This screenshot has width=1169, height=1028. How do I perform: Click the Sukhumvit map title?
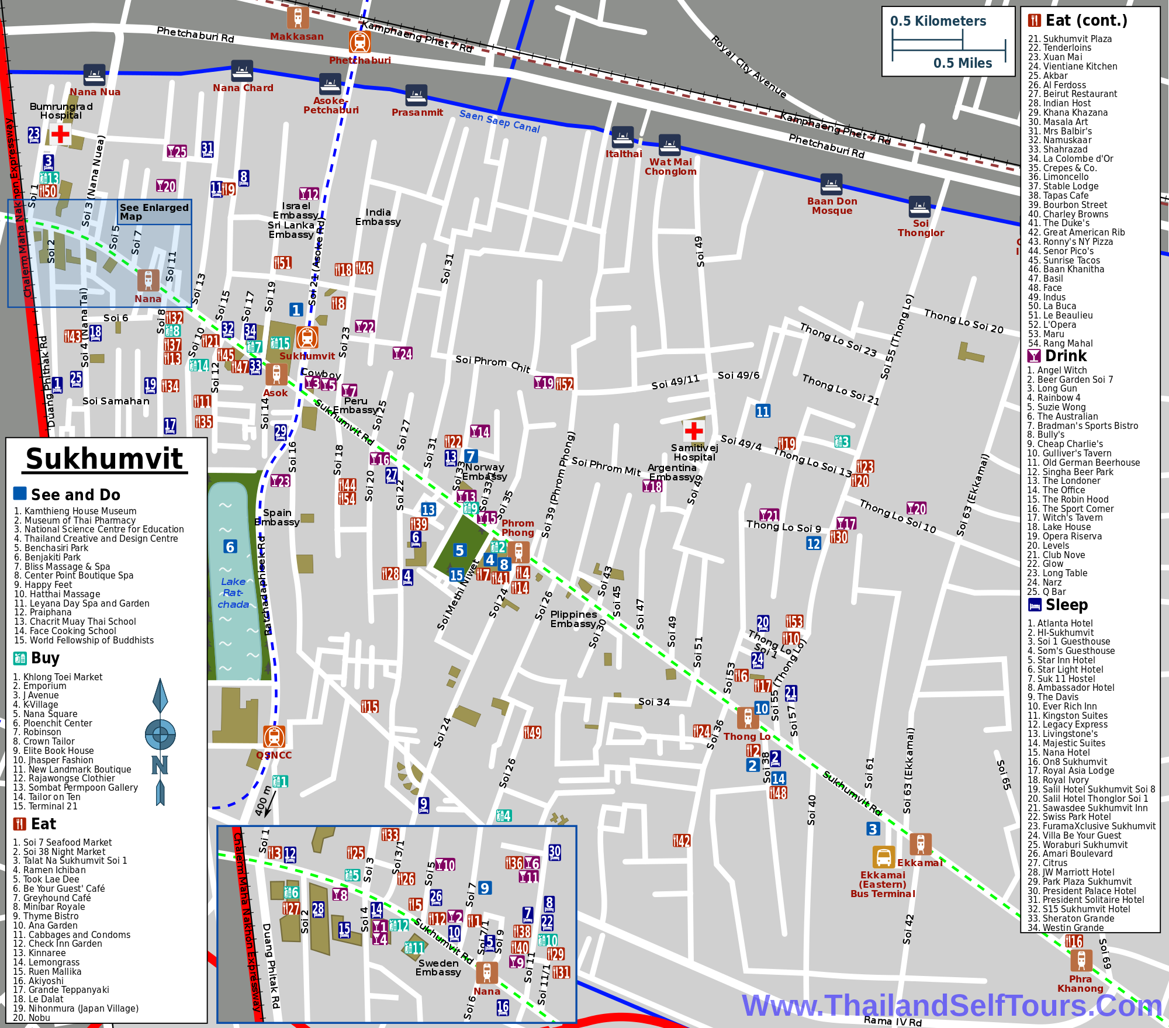(104, 459)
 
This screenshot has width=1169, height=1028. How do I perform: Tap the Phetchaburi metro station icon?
(359, 42)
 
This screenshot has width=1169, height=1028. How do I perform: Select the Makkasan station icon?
(298, 17)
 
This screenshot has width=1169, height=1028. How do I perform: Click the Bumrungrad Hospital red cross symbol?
(60, 134)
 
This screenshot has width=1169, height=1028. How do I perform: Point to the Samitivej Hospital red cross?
(693, 431)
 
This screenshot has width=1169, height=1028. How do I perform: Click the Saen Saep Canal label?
(499, 121)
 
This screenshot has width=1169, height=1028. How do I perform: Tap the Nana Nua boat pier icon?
(94, 75)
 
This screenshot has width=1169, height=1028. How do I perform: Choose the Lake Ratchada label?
(233, 593)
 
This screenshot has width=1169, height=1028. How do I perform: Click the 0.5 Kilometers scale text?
(938, 21)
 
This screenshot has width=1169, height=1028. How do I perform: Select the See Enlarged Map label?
(154, 212)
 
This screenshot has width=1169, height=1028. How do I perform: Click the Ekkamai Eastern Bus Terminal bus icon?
(883, 857)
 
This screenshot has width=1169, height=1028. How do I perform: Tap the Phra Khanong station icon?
(1081, 960)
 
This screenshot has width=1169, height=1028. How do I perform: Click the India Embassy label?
(378, 217)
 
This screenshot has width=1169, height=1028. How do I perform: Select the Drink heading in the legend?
(1065, 356)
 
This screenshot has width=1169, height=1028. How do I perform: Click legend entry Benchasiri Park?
(51, 548)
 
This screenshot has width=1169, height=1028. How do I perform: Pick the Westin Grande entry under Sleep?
(1065, 927)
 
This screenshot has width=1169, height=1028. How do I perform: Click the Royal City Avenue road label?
(748, 67)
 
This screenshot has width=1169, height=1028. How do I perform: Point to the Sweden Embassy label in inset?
(438, 967)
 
